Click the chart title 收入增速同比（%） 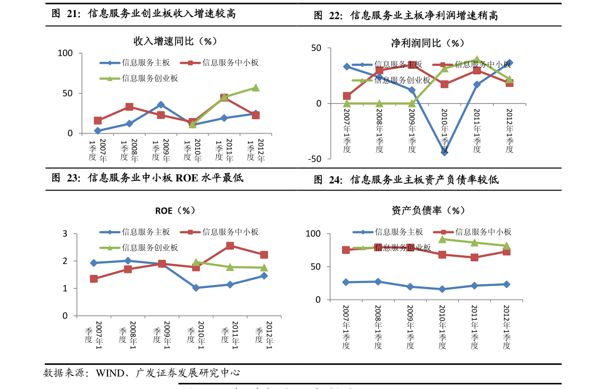click(175, 41)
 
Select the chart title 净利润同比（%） click(428, 43)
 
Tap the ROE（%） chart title click(175, 211)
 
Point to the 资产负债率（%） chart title click(428, 211)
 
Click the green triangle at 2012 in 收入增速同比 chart click(255, 88)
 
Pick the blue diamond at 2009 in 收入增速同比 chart click(160, 105)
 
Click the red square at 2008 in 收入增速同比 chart click(129, 107)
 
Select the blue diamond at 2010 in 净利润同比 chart click(444, 152)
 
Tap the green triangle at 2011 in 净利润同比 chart click(477, 60)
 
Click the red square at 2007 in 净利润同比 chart click(347, 96)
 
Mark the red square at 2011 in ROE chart click(230, 246)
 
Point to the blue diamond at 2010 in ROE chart click(196, 288)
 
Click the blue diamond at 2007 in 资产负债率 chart click(346, 282)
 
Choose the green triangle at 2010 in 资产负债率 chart click(442, 239)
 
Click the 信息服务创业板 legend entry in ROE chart click(150, 248)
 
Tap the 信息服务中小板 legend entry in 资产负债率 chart click(483, 232)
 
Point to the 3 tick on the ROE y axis click(65, 234)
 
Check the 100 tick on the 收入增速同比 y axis click(65, 53)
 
